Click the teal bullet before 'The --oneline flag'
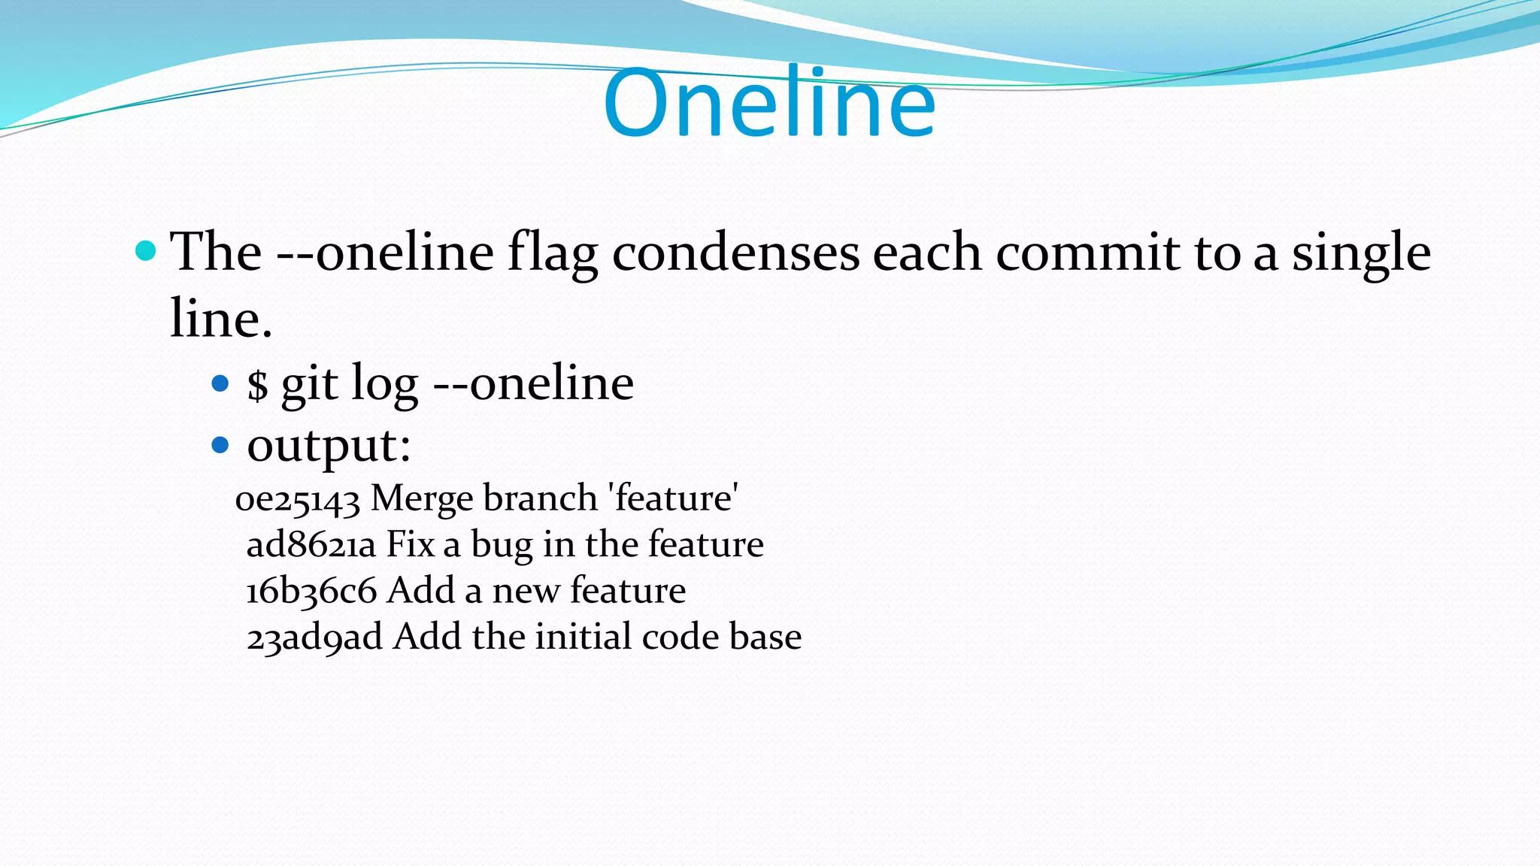[145, 251]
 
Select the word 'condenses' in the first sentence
[735, 253]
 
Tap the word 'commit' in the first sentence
[1088, 253]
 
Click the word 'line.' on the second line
[220, 319]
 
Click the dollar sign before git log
[257, 385]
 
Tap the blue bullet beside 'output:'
[220, 446]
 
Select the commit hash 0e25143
[298, 500]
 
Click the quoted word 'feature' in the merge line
[673, 498]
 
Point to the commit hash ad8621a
[311, 545]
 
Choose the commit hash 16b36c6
[311, 592]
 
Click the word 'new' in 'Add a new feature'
[526, 592]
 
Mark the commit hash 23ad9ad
[314, 638]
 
